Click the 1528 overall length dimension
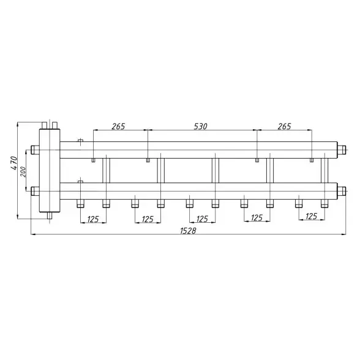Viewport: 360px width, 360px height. point(188,230)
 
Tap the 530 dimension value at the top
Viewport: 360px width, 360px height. point(200,126)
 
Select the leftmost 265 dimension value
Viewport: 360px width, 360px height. point(118,126)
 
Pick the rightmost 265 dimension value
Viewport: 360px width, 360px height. point(284,126)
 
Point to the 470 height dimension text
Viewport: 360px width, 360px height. point(14,163)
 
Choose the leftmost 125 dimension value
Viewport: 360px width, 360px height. point(93,219)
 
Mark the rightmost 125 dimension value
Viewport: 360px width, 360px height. point(311,216)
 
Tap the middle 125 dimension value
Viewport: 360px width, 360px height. point(202,219)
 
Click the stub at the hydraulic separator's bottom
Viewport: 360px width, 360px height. point(50,216)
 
